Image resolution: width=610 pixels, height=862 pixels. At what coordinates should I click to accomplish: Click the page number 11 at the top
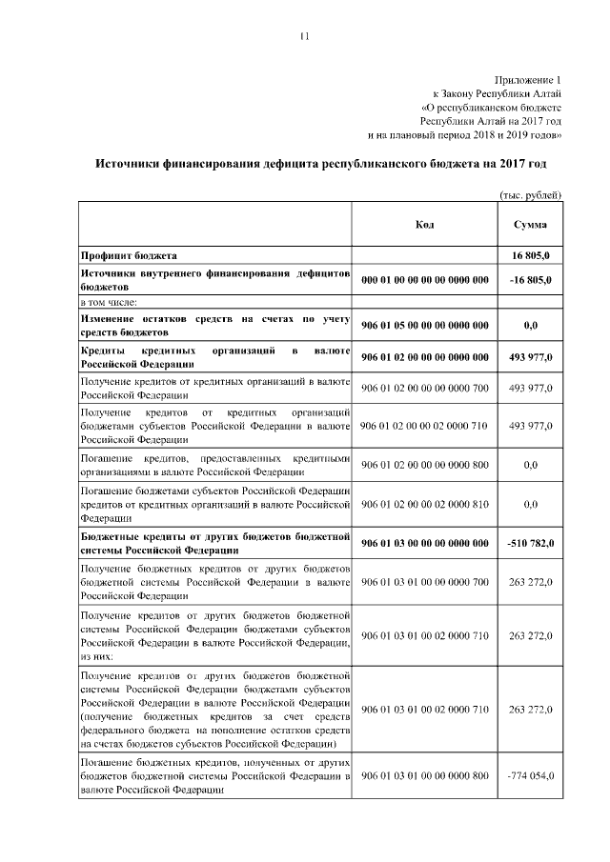(304, 36)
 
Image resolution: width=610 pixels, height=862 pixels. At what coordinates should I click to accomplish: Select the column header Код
(425, 224)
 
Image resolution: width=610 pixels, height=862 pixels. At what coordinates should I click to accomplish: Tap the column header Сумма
(530, 224)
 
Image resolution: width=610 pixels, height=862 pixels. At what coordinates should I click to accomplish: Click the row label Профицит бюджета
(129, 255)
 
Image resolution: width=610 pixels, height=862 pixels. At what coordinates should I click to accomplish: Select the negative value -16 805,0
(530, 279)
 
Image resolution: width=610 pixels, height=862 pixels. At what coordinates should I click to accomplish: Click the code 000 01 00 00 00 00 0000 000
(425, 279)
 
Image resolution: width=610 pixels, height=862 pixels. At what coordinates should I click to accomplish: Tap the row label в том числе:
(109, 302)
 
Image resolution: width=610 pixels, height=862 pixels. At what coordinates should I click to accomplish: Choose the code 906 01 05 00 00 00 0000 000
(425, 325)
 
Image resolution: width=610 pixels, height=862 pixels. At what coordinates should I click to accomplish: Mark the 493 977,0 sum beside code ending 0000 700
(531, 388)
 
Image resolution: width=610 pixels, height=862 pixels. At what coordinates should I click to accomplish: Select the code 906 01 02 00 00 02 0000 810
(425, 503)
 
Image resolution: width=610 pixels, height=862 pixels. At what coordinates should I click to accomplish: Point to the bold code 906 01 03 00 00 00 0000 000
(425, 542)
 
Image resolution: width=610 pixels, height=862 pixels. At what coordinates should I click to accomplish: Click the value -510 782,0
(530, 542)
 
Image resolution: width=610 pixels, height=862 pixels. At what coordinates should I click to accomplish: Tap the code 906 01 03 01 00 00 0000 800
(425, 777)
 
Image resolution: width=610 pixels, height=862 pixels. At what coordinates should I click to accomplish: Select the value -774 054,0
(530, 777)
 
